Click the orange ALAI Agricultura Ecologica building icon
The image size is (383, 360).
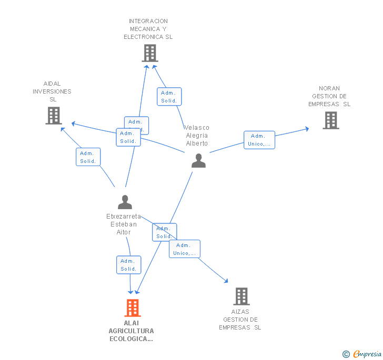[132, 308]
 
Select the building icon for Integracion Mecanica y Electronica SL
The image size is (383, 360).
[150, 53]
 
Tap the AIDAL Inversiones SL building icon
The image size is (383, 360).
[54, 116]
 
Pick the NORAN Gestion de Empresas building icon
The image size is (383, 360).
[331, 120]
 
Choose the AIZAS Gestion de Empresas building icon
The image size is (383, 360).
[241, 296]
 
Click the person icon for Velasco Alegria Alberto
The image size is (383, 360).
[198, 160]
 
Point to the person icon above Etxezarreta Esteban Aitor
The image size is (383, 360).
[125, 202]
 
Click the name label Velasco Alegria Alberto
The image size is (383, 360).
[197, 136]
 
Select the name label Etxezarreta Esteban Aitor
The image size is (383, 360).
[124, 224]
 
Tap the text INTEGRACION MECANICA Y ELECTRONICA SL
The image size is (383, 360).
[148, 29]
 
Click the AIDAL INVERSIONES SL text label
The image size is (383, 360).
[52, 91]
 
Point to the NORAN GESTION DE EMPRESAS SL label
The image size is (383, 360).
[329, 96]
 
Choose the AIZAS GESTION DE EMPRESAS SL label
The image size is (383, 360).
[240, 320]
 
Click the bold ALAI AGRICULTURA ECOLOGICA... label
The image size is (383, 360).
[131, 331]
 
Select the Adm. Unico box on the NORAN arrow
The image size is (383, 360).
[259, 140]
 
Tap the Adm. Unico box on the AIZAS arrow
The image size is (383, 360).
[184, 249]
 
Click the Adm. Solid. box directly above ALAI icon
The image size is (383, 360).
[128, 265]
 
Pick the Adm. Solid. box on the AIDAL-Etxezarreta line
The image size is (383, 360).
[88, 157]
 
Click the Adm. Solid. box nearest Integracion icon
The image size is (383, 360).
[169, 97]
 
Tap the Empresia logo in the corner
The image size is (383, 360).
[362, 354]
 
